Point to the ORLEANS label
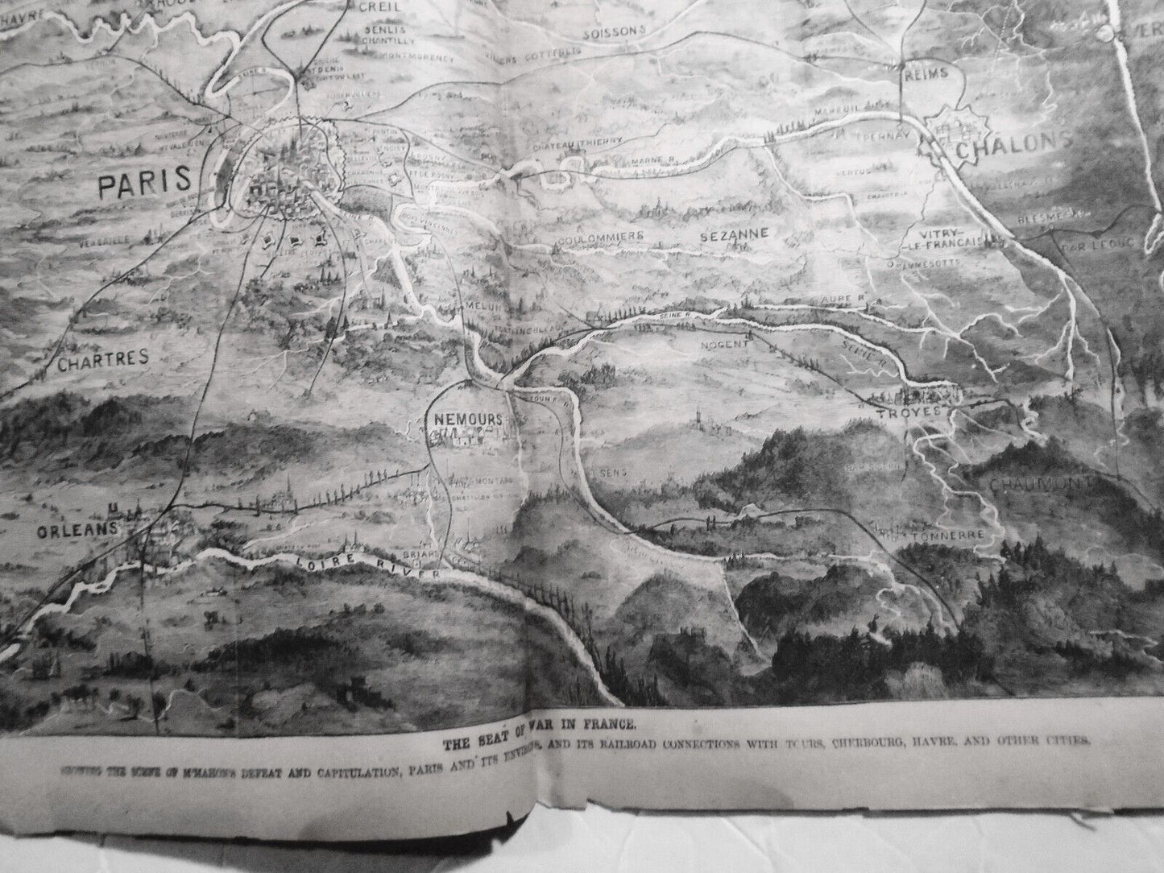click(x=78, y=529)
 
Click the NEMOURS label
click(x=467, y=420)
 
